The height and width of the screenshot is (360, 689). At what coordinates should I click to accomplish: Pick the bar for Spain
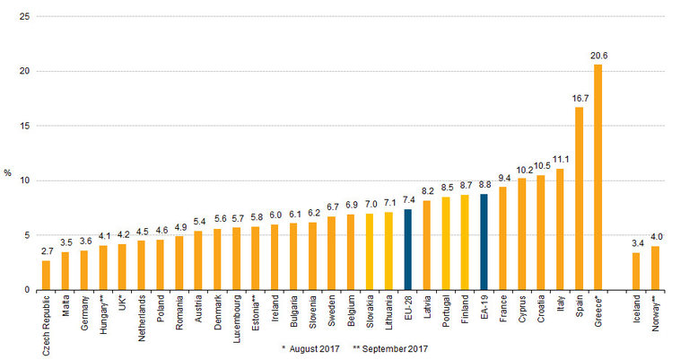(580, 198)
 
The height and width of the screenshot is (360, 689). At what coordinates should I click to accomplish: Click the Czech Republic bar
(46, 275)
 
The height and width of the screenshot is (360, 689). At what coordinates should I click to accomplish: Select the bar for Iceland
(636, 271)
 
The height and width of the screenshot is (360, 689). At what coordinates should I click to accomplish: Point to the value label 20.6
(599, 56)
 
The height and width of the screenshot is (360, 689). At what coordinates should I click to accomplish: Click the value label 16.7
(580, 99)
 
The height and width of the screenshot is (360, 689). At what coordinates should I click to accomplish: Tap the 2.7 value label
(46, 252)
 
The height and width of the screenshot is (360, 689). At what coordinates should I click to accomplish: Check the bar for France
(503, 239)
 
